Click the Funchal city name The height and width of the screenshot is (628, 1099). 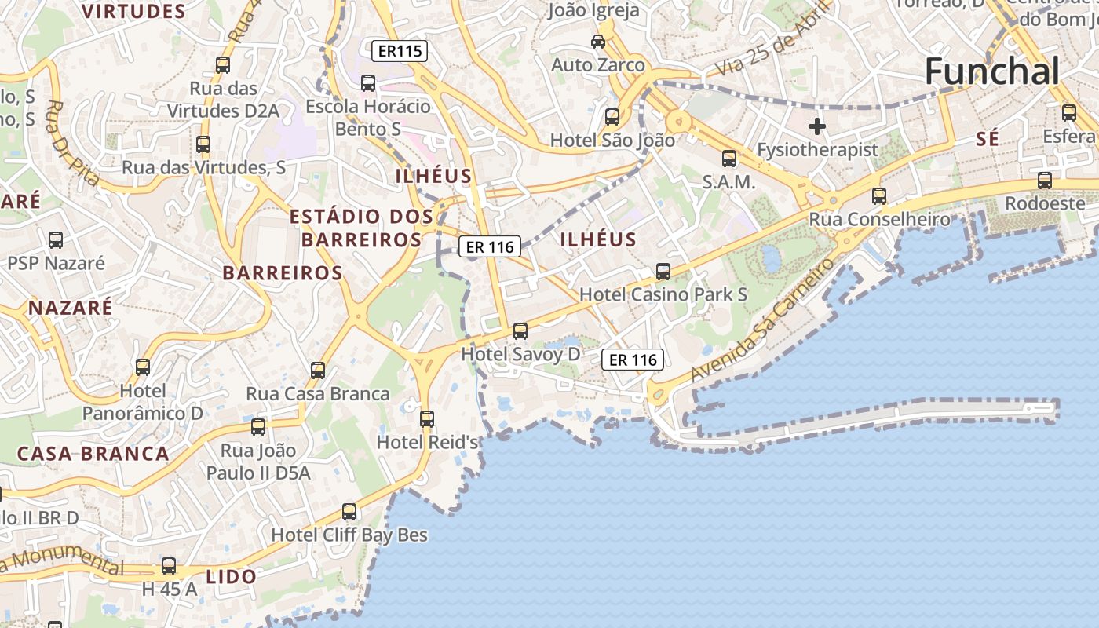pyautogui.click(x=992, y=71)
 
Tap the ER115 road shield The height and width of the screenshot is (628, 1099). pyautogui.click(x=400, y=51)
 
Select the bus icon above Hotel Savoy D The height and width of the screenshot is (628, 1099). pyautogui.click(x=520, y=330)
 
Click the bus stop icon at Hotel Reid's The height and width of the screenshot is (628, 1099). pyautogui.click(x=427, y=418)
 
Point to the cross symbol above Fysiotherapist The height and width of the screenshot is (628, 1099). pyautogui.click(x=817, y=126)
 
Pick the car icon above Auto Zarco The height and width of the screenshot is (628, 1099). pyautogui.click(x=598, y=41)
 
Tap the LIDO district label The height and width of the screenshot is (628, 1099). pyautogui.click(x=231, y=577)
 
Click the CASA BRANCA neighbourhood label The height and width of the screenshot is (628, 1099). pyautogui.click(x=93, y=454)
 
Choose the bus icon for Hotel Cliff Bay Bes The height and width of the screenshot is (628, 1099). pyautogui.click(x=349, y=512)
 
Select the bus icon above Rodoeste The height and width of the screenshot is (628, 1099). pyautogui.click(x=1044, y=181)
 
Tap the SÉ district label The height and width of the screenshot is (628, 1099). pyautogui.click(x=988, y=139)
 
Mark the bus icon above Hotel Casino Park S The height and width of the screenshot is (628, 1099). pyautogui.click(x=663, y=272)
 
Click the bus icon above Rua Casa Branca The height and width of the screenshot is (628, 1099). pyautogui.click(x=318, y=370)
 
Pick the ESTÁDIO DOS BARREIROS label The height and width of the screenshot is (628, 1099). pyautogui.click(x=361, y=228)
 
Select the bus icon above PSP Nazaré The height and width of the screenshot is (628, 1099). pyautogui.click(x=56, y=239)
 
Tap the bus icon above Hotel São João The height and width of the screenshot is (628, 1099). pyautogui.click(x=612, y=117)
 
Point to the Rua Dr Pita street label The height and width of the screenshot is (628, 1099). pyautogui.click(x=73, y=144)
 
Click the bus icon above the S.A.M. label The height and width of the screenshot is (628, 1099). pyautogui.click(x=729, y=159)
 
